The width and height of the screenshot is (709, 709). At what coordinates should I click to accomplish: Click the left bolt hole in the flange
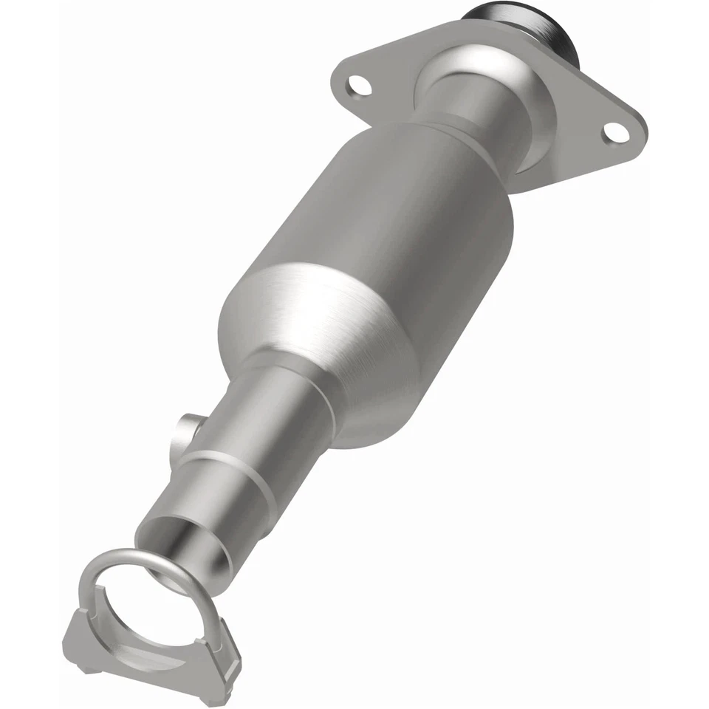[x=360, y=86]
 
